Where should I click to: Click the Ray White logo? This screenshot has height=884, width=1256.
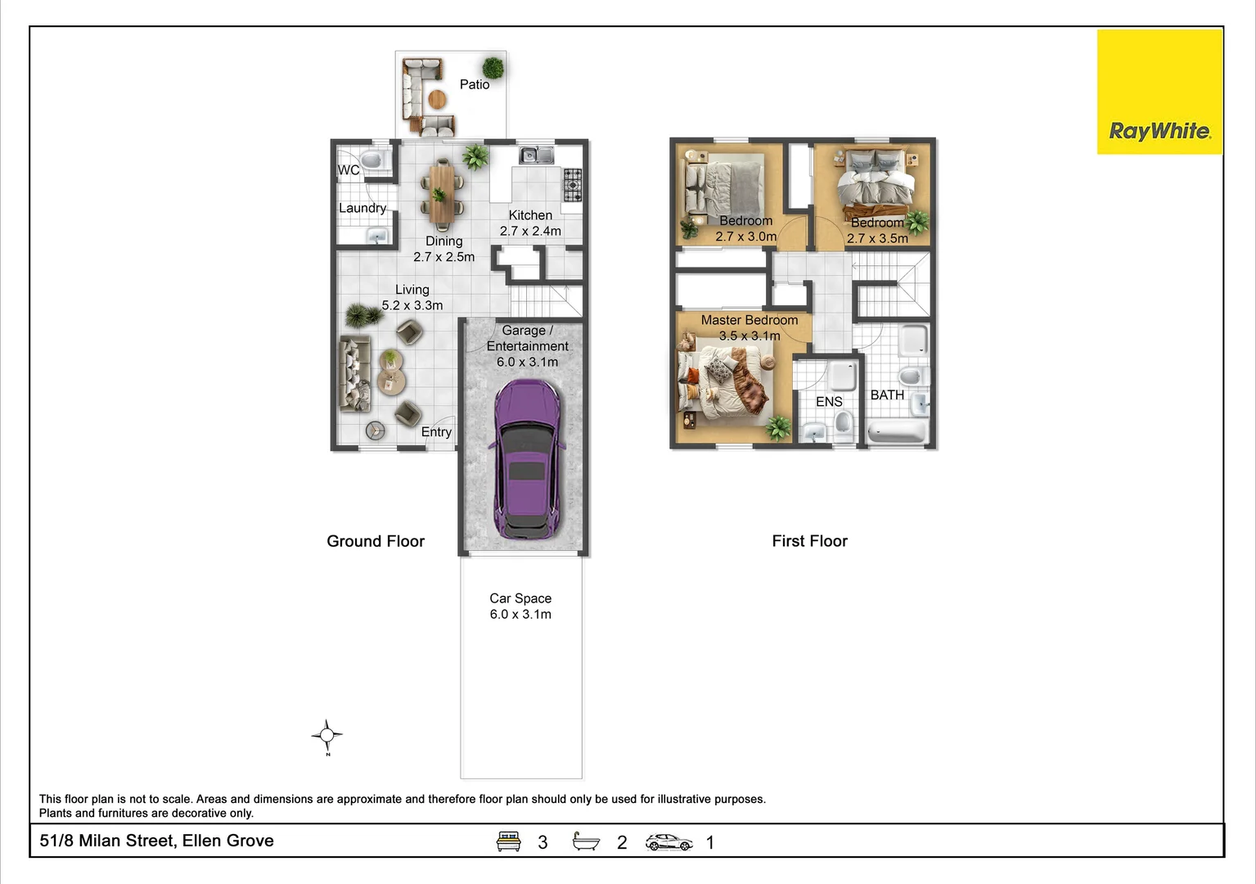click(x=1159, y=92)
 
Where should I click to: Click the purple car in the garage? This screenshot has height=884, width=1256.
click(x=526, y=459)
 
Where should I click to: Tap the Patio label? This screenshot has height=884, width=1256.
click(x=475, y=84)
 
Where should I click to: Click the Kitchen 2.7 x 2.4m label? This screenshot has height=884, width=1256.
click(x=530, y=223)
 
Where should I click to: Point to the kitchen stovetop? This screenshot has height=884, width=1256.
click(x=573, y=184)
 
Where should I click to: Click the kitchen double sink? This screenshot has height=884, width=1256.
click(x=537, y=155)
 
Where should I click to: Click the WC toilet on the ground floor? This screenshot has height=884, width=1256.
click(x=371, y=161)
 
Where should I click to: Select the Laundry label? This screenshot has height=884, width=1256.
click(x=362, y=208)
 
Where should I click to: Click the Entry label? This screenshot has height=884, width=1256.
click(x=436, y=432)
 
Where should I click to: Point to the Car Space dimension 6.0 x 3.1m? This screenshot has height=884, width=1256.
click(x=520, y=614)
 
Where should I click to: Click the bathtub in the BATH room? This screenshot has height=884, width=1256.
click(x=897, y=432)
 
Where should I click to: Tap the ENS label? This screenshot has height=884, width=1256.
click(x=829, y=402)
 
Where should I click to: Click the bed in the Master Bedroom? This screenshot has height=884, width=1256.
click(x=724, y=384)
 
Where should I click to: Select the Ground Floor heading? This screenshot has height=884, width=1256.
click(x=376, y=541)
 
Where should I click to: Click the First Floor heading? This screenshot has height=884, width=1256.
click(x=810, y=541)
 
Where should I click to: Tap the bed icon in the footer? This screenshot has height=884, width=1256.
click(x=509, y=841)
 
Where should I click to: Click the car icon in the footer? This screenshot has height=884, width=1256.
click(x=669, y=842)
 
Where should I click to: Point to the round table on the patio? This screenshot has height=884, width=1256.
click(x=438, y=100)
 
